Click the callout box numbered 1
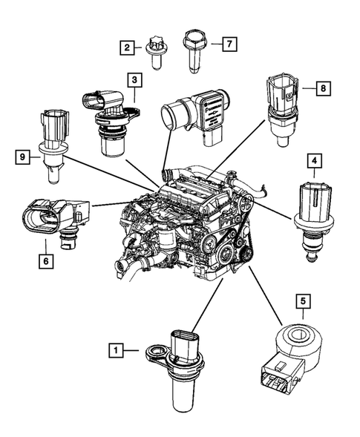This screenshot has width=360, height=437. pos(115,347)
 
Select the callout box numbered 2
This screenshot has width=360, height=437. pos(128,47)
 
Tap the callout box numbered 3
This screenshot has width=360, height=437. pos(134,79)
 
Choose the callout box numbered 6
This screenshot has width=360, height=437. pos(47,260)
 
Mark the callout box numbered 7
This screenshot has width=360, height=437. pos(229,44)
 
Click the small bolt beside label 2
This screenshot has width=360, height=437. pos(157,51)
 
